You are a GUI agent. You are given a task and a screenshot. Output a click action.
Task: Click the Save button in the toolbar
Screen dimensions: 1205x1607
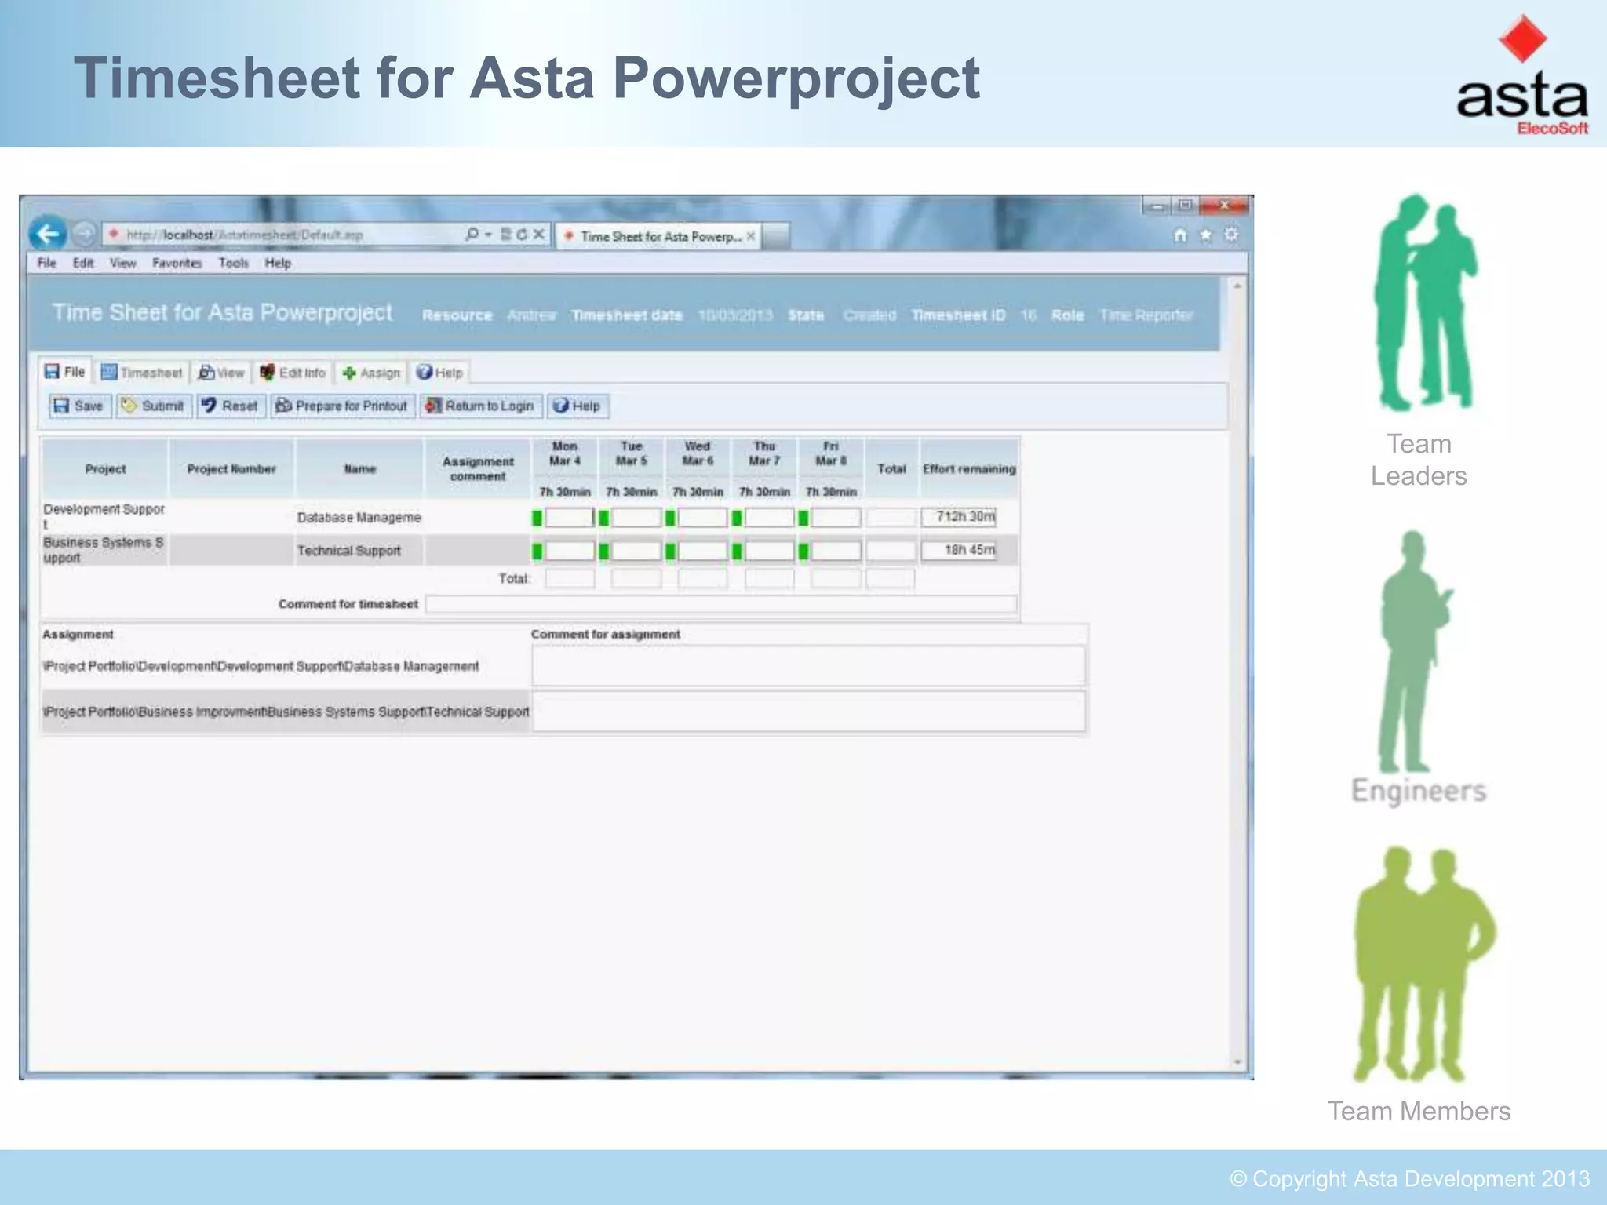[79, 406]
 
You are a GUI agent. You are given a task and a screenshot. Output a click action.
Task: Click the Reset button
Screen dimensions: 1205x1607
[229, 406]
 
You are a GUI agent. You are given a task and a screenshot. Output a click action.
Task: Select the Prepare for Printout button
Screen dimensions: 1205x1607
[342, 406]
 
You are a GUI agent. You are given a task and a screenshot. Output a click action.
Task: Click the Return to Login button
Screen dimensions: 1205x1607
[479, 406]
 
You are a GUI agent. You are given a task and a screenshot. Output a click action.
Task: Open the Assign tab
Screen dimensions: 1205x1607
[372, 373]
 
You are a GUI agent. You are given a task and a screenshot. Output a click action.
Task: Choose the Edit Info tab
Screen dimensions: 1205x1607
[293, 373]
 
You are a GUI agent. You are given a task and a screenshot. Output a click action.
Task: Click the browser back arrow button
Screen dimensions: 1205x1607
[48, 234]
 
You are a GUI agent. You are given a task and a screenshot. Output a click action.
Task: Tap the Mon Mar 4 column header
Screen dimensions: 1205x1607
[564, 453]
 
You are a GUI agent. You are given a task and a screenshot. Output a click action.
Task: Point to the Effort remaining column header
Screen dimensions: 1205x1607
[969, 469]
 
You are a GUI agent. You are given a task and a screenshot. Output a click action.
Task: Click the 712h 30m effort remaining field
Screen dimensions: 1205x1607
[959, 517]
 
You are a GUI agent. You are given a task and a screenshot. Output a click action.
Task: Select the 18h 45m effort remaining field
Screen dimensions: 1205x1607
[959, 550]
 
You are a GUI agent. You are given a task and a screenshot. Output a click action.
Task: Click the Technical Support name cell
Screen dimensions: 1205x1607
[349, 551]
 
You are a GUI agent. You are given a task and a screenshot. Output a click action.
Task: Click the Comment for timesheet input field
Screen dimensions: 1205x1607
[720, 604]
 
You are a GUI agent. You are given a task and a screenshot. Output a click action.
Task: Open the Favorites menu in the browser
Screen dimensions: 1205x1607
[177, 263]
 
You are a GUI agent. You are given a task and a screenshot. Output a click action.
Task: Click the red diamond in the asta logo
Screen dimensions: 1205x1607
[1522, 38]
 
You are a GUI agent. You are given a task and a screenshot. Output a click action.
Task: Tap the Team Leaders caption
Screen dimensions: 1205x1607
[1419, 460]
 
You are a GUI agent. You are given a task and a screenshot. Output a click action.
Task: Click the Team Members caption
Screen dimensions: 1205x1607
[1419, 1111]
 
